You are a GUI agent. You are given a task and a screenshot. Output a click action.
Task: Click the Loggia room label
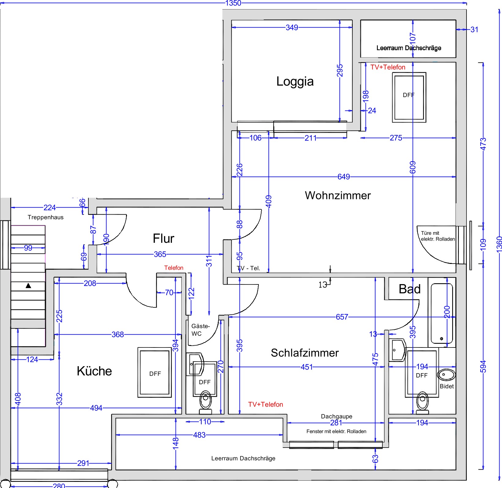pos(295,82)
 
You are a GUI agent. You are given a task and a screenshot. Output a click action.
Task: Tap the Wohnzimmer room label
pos(338,195)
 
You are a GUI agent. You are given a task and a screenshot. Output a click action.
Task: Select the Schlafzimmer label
pos(305,353)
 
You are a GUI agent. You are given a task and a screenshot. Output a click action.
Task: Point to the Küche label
pos(94,371)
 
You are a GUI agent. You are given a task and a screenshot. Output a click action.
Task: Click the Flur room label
pos(163,238)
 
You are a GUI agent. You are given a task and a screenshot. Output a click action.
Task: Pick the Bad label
pos(410,289)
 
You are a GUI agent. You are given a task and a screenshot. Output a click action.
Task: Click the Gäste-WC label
pos(200,330)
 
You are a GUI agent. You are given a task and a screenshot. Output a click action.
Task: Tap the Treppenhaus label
pos(46,217)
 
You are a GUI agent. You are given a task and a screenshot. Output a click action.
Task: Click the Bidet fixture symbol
pos(446,375)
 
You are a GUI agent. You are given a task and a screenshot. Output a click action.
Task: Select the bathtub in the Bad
pos(442,313)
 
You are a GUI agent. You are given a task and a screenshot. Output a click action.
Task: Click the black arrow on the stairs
pos(28,286)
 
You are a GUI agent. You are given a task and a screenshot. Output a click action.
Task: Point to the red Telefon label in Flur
pos(174,268)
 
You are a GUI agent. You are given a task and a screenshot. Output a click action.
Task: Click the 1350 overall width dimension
pos(233,3)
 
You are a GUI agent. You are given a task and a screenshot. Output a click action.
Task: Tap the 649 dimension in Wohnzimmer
pos(344,177)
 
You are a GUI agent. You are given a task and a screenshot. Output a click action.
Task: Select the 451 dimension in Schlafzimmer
pos(307,367)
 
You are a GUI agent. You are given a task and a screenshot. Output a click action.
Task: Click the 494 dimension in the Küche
pos(96,408)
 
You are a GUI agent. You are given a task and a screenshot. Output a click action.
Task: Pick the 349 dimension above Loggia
pos(292,28)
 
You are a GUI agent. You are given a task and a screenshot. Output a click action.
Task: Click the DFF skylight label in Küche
pos(155,374)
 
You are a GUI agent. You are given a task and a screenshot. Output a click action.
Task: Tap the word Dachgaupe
pos(337,416)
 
